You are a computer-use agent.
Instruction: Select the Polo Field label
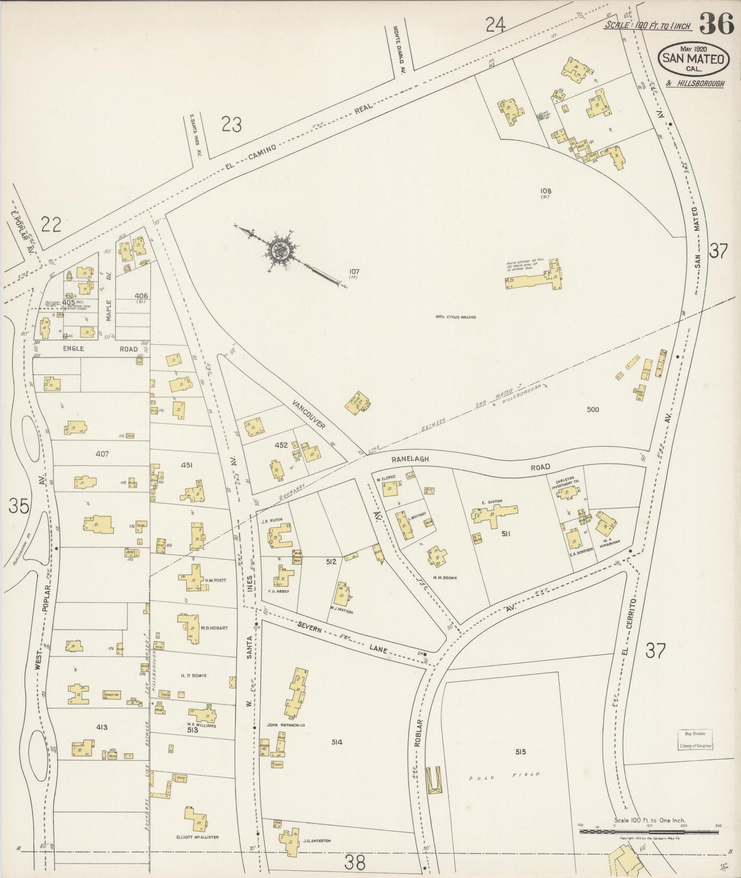pyautogui.click(x=505, y=776)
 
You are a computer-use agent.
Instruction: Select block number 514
pyautogui.click(x=336, y=742)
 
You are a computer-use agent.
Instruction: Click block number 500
pyautogui.click(x=593, y=409)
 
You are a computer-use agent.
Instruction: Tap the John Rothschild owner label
pyautogui.click(x=286, y=725)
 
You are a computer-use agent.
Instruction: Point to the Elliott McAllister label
pyautogui.click(x=196, y=837)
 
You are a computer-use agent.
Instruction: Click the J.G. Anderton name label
pyautogui.click(x=317, y=841)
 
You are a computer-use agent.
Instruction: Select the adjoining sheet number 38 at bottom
pyautogui.click(x=354, y=863)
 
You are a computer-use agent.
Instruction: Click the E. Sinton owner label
pyautogui.click(x=491, y=501)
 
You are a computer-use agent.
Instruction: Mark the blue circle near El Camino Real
pyautogui.click(x=540, y=117)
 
